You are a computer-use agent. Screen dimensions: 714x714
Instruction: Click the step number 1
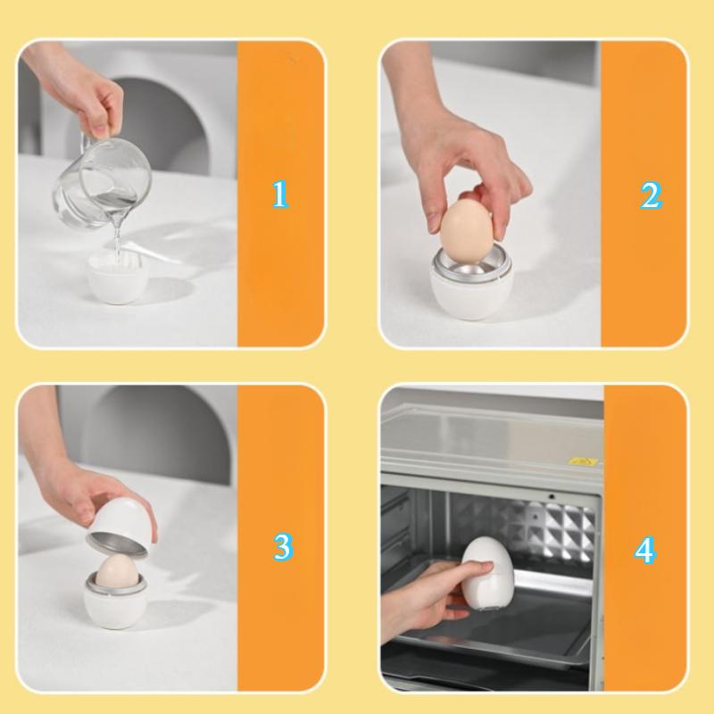pos(280,195)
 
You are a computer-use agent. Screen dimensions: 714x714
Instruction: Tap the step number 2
pos(651,195)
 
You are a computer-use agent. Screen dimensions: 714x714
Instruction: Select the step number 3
pos(282,546)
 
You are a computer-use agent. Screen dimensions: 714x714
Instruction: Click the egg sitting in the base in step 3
pos(116,571)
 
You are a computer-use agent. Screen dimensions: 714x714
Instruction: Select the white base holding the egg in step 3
pos(117,607)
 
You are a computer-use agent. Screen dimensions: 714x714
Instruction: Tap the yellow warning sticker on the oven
pos(582,461)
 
